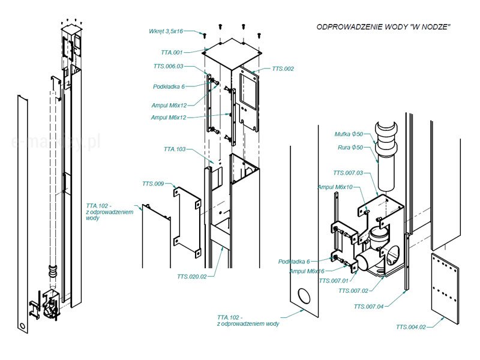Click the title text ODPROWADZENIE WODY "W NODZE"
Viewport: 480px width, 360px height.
click(x=383, y=28)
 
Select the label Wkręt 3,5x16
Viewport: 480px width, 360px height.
click(x=166, y=31)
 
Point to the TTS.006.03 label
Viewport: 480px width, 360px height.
click(x=168, y=66)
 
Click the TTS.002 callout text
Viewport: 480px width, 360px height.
click(x=283, y=69)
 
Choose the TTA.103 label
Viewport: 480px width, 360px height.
click(x=175, y=148)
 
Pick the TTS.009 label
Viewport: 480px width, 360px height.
click(x=153, y=184)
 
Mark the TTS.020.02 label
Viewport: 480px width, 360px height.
click(x=192, y=277)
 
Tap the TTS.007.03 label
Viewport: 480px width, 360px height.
click(x=348, y=173)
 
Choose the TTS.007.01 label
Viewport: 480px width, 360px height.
click(x=333, y=280)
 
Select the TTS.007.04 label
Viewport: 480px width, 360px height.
click(x=368, y=307)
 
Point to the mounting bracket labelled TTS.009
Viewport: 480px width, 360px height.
click(x=187, y=217)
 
